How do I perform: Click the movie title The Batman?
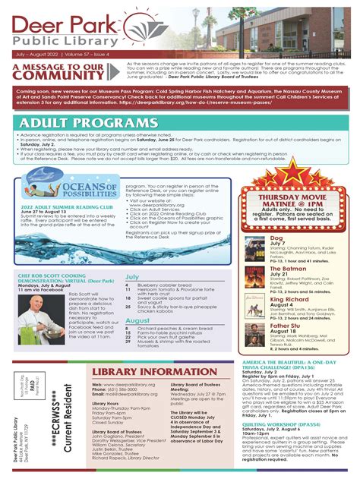click(x=283, y=269)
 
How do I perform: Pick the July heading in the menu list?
click(x=132, y=277)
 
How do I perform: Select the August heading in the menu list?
click(x=137, y=321)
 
